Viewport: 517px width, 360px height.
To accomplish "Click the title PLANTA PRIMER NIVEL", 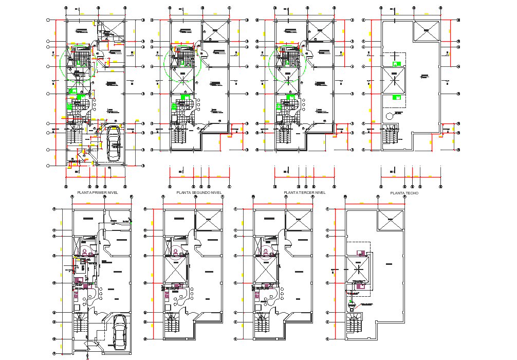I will click(97, 192).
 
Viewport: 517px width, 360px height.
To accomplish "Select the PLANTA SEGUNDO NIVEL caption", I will click(199, 192).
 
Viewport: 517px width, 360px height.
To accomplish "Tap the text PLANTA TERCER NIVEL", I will click(305, 192).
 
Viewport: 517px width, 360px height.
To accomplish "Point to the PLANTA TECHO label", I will click(404, 193).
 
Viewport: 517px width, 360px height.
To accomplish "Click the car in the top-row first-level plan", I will click(114, 145).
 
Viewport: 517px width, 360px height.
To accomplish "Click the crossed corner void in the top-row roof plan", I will click(426, 31).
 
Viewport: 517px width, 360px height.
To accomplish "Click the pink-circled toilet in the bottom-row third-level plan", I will click(267, 251).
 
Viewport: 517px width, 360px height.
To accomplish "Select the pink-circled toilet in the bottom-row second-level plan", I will click(176, 251).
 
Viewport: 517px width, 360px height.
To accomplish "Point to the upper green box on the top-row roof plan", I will click(396, 64).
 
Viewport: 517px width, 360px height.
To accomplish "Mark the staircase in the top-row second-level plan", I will click(178, 137).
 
